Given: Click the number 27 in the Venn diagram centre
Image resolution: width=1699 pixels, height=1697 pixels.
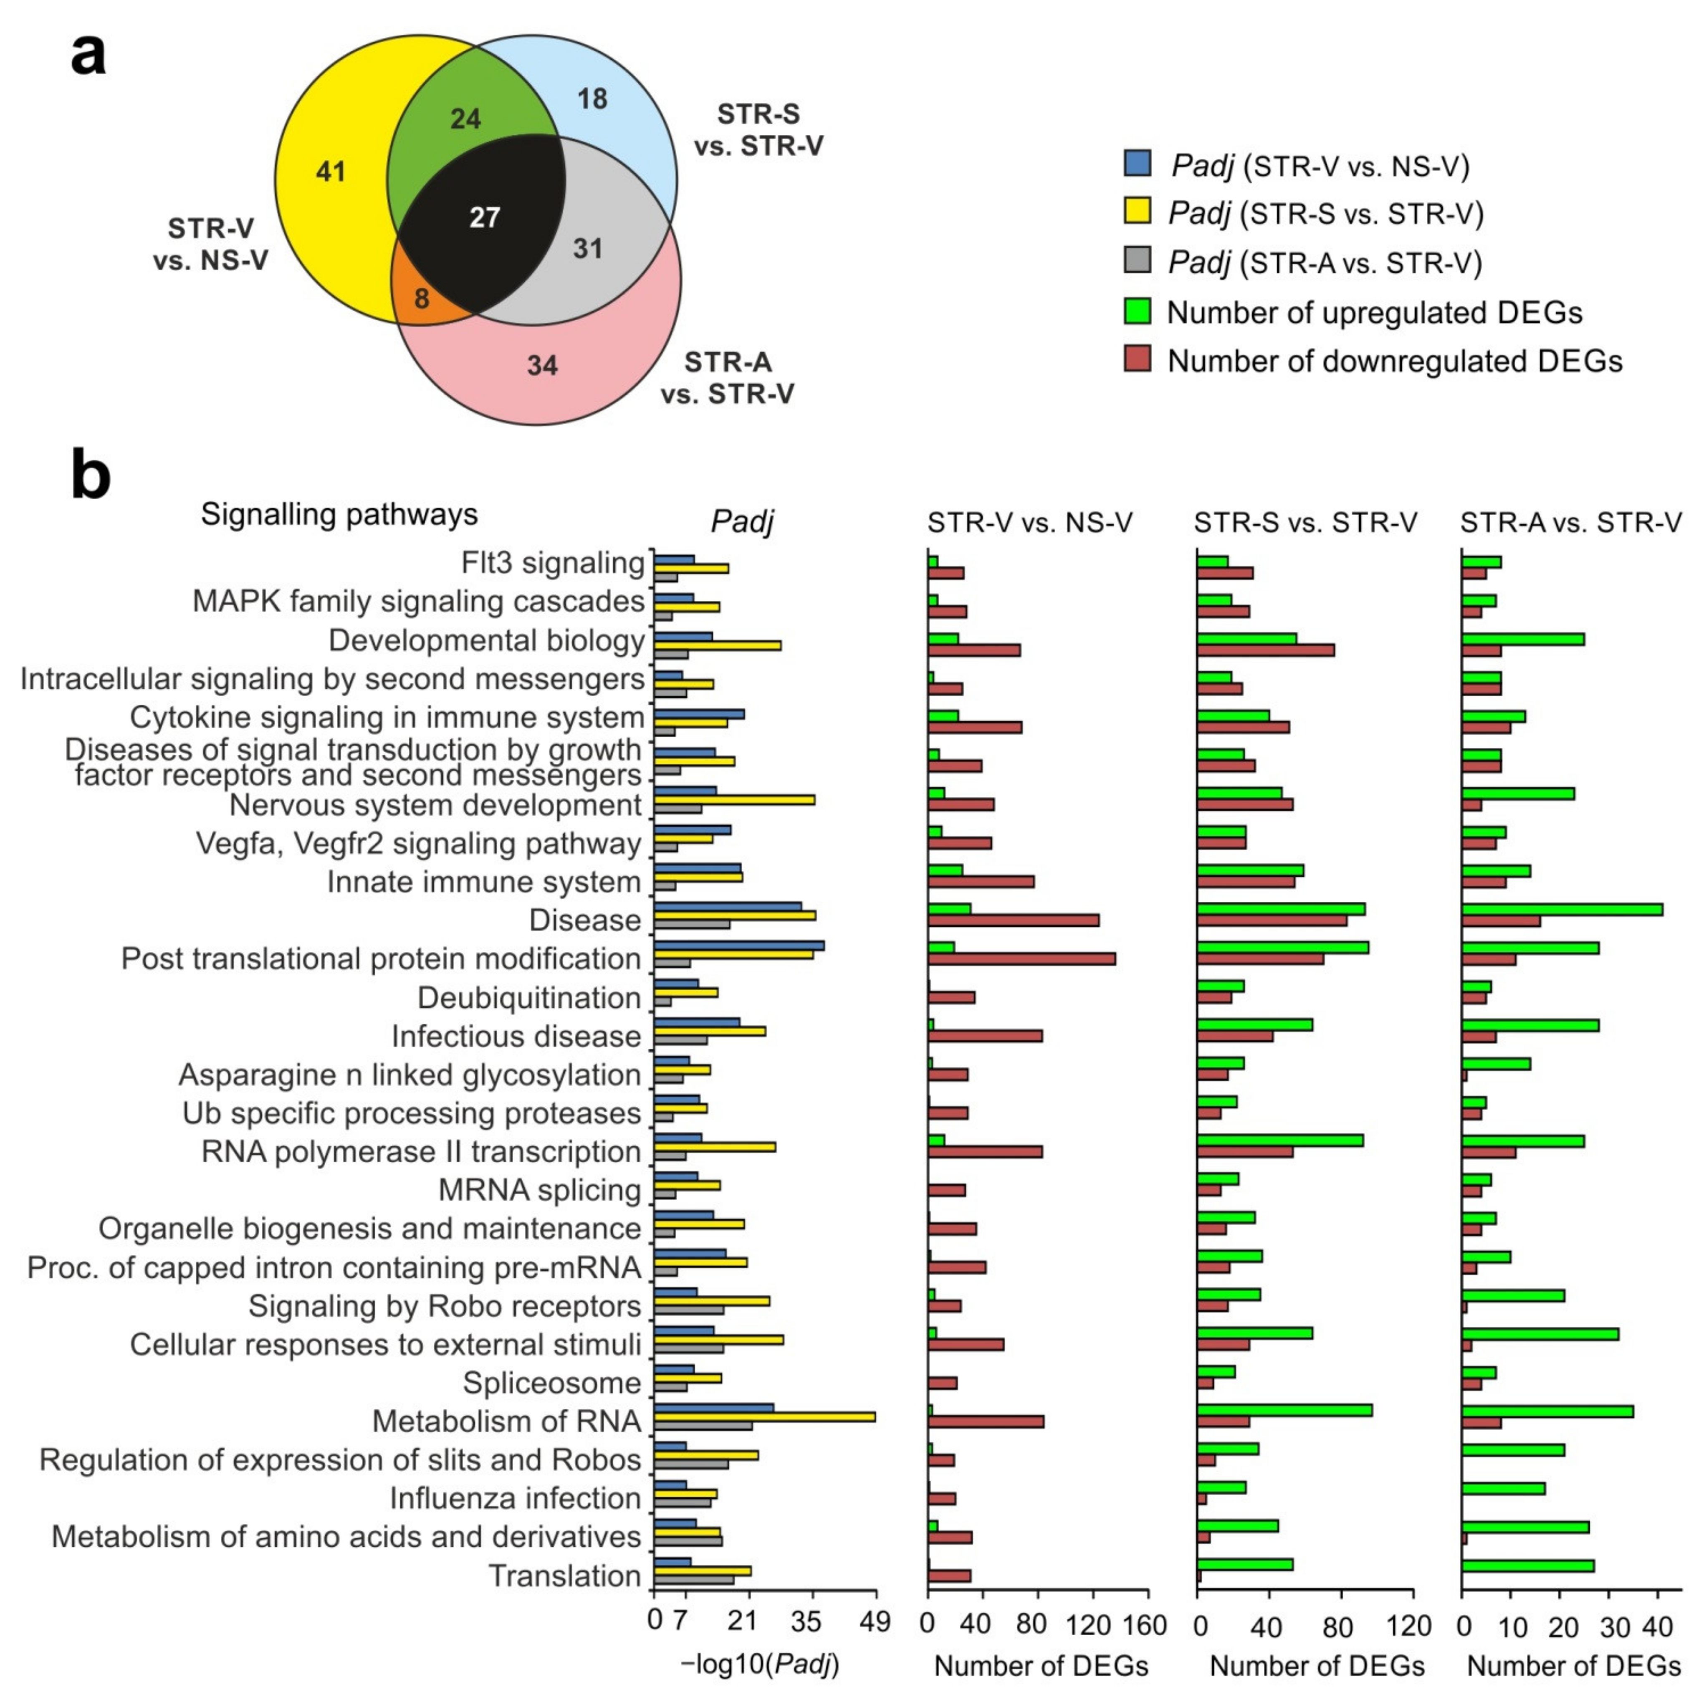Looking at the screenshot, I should (485, 217).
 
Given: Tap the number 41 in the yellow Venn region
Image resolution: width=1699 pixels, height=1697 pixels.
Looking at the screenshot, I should (331, 172).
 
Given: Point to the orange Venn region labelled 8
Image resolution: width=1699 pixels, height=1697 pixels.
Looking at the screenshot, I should (422, 299).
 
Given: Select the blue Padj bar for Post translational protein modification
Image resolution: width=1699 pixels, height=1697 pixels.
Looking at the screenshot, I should (739, 945).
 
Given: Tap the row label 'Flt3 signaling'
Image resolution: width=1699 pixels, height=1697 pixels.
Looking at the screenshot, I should (552, 563).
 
